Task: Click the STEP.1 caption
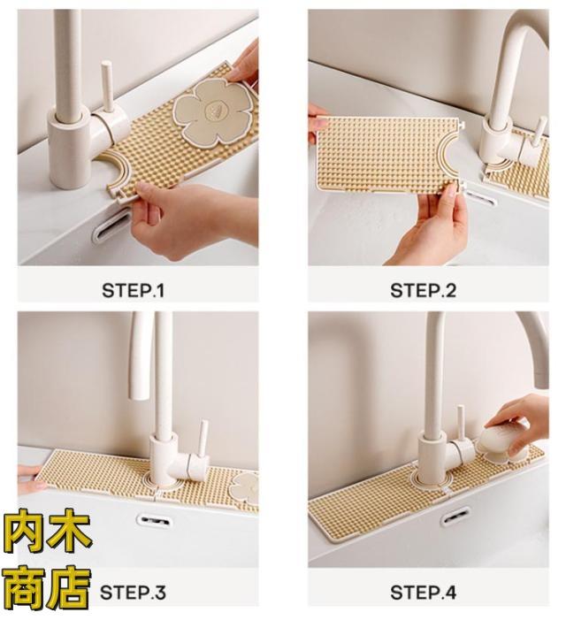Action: point(133,291)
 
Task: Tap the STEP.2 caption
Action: point(423,291)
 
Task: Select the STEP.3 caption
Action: point(133,593)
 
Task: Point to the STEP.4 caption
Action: point(423,593)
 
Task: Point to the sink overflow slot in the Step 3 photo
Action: point(154,519)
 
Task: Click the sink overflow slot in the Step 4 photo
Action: point(455,517)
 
